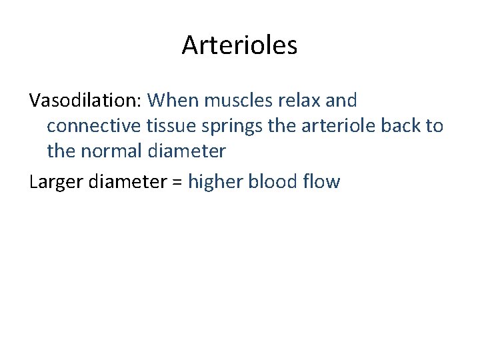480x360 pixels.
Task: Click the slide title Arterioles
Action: click(x=239, y=45)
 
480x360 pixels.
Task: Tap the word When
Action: click(x=174, y=101)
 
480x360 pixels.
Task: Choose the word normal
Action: click(x=111, y=151)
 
